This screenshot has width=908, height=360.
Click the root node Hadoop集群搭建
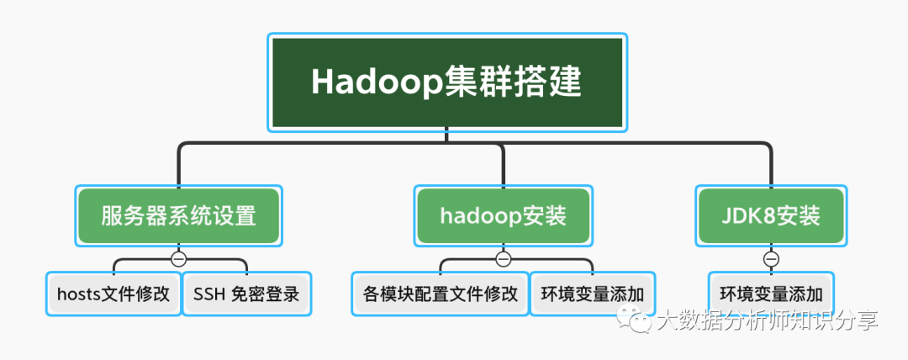[447, 82]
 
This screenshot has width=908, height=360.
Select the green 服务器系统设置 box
[178, 216]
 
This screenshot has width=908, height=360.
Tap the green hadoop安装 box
[503, 216]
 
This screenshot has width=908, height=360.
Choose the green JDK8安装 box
[771, 216]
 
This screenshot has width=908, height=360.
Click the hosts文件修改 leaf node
[113, 294]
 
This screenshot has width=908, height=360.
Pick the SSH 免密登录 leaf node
[246, 294]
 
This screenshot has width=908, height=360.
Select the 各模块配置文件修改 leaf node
[439, 294]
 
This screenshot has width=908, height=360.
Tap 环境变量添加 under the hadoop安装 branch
[592, 294]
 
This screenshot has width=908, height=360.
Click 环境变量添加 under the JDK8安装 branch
[771, 294]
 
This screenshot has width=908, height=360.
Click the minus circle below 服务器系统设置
[178, 258]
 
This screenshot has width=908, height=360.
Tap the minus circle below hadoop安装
[503, 258]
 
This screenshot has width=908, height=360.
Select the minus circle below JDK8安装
[771, 258]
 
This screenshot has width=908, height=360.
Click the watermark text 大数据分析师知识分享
[767, 320]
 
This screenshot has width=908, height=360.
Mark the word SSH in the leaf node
[209, 294]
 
